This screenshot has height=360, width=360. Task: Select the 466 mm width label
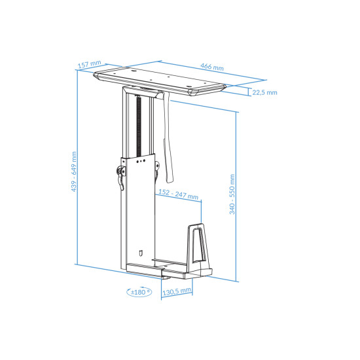tap(211, 67)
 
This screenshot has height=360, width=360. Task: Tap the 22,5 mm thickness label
tap(264, 92)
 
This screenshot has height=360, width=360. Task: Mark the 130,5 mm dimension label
tap(176, 290)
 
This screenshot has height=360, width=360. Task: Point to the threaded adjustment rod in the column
tap(139, 124)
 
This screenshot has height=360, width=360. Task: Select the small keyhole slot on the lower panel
tap(141, 251)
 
